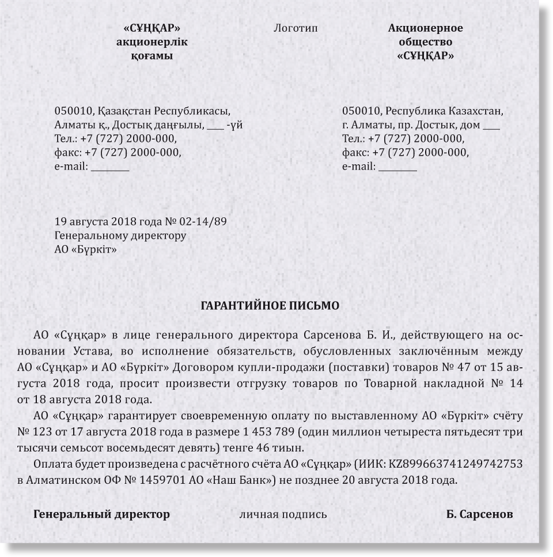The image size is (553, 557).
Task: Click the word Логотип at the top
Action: point(296,28)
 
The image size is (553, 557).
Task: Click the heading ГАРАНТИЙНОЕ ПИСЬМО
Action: point(270,306)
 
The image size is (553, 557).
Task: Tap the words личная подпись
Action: point(283,514)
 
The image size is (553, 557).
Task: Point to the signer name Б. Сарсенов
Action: point(479,514)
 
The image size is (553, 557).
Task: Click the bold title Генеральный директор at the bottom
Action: point(101,514)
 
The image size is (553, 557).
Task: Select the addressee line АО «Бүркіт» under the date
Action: point(85,250)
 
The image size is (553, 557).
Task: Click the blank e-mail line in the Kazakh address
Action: point(110,167)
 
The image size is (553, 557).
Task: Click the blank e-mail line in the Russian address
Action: point(397,167)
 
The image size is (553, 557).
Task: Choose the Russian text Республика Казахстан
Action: point(444,111)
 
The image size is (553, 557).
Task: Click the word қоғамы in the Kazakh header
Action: point(151,56)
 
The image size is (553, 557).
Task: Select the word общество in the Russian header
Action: point(425,42)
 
